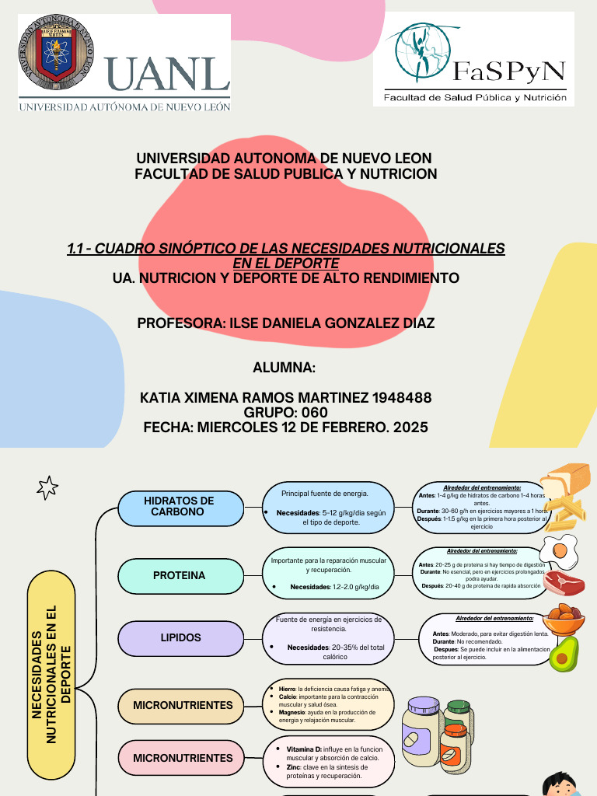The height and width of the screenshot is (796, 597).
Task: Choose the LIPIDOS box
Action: pyautogui.click(x=180, y=637)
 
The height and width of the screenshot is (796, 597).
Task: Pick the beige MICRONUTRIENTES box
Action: pyautogui.click(x=181, y=705)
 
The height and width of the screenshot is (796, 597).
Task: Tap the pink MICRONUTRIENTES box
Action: pyautogui.click(x=181, y=758)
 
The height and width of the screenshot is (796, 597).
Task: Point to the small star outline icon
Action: pyautogui.click(x=47, y=487)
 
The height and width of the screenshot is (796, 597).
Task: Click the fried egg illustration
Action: pyautogui.click(x=560, y=550)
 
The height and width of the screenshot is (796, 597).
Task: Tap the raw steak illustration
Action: pyautogui.click(x=564, y=583)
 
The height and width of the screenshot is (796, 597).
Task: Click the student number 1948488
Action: pyautogui.click(x=402, y=398)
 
